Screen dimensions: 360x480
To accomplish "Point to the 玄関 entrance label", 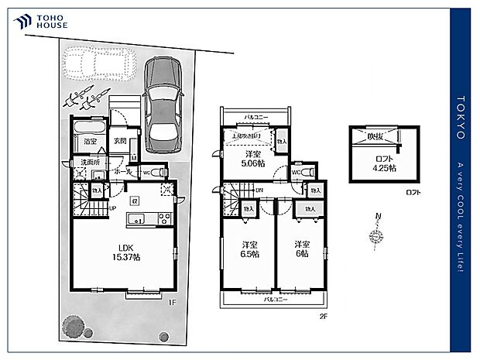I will click(119, 142).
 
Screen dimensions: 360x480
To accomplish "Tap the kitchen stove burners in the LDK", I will click(163, 218).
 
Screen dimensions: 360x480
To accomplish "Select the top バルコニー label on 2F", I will click(256, 117).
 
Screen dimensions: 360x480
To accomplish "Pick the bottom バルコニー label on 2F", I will click(275, 298).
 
